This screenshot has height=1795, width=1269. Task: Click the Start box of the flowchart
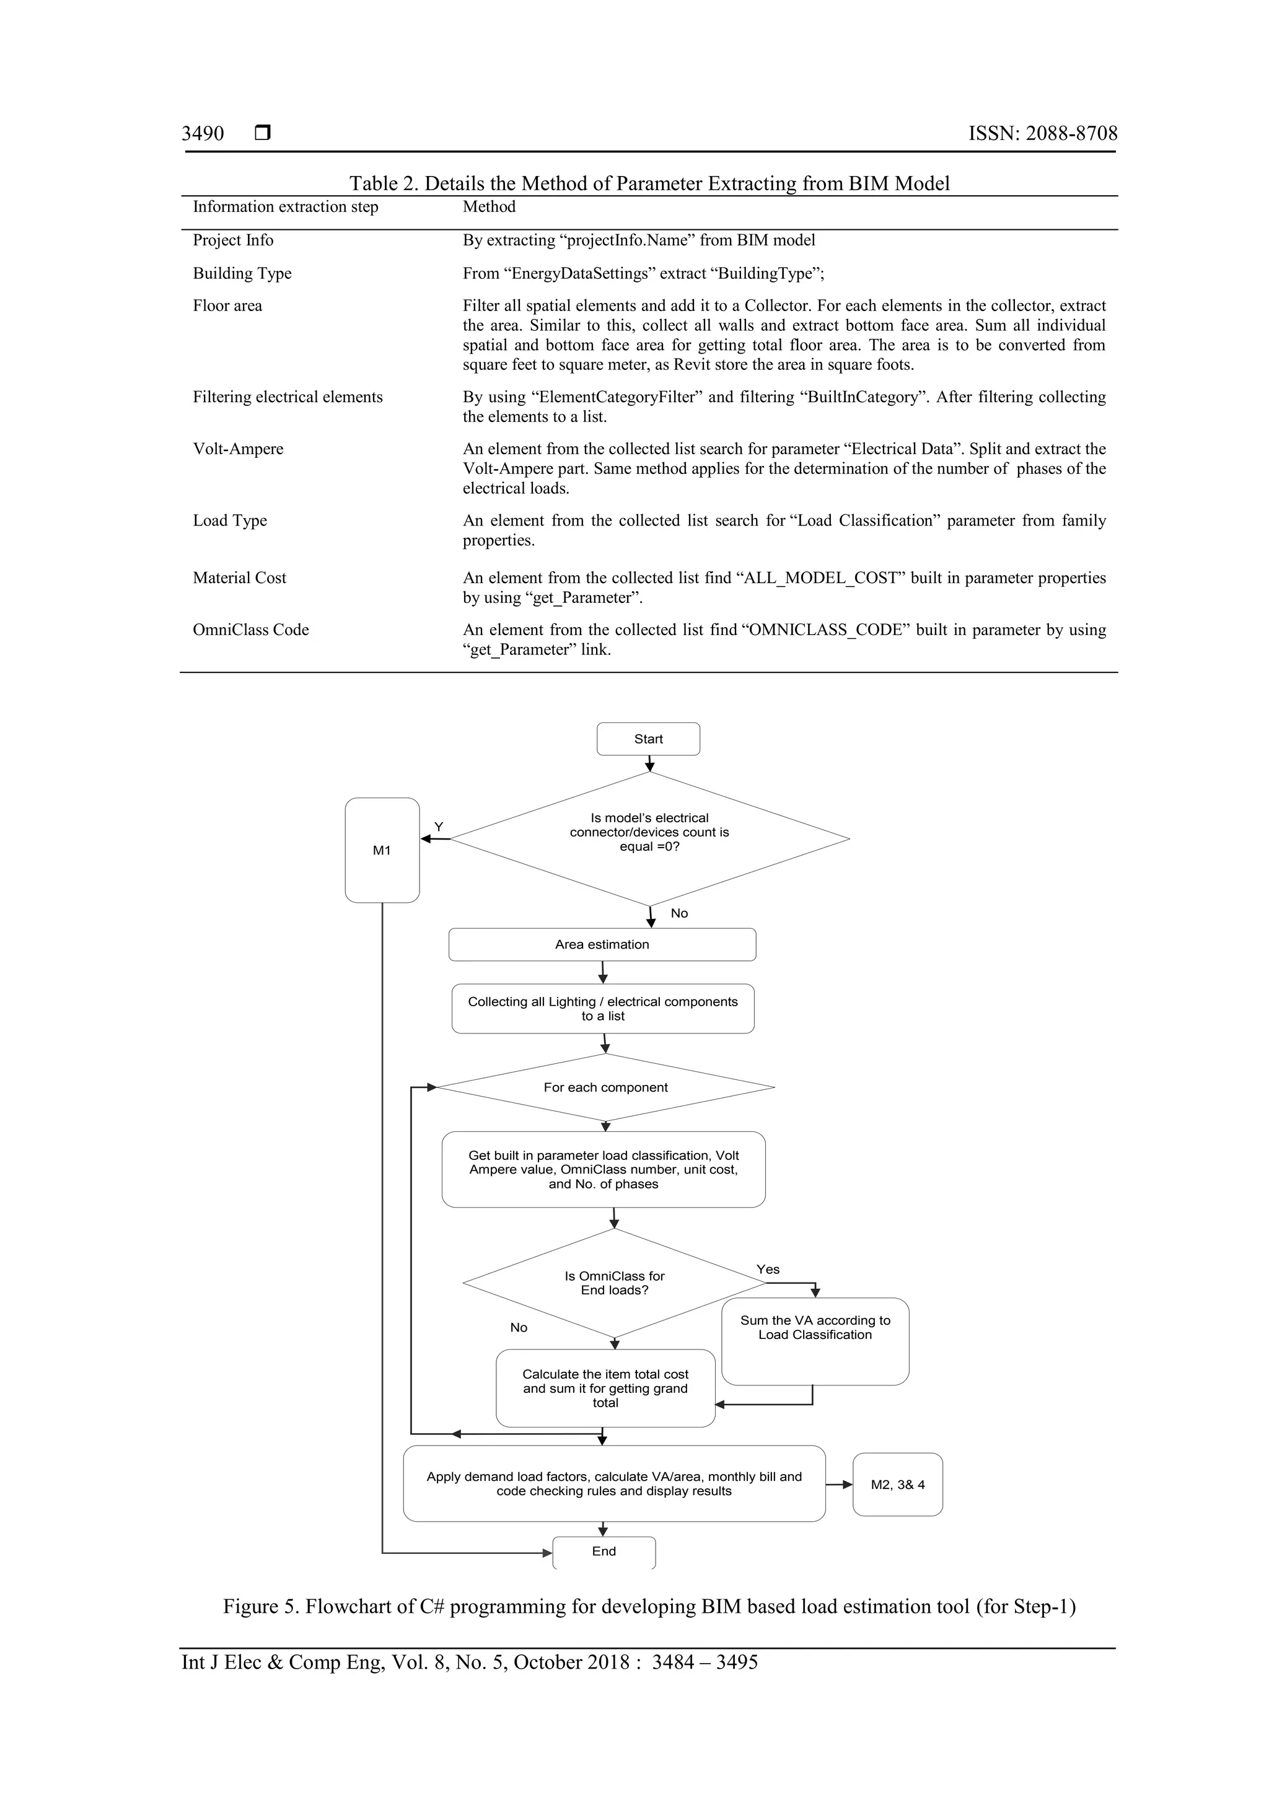click(648, 739)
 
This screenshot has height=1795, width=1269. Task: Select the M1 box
click(382, 850)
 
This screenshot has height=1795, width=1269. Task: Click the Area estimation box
click(602, 944)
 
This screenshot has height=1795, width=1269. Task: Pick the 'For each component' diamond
click(605, 1087)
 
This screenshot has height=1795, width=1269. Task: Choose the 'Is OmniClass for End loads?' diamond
click(615, 1283)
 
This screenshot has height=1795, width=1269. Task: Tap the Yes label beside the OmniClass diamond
click(768, 1270)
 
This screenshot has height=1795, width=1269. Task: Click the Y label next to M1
click(439, 827)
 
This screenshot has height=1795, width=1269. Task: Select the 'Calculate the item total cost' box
click(605, 1389)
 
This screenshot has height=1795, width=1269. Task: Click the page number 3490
click(203, 134)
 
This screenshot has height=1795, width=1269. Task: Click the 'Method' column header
click(489, 206)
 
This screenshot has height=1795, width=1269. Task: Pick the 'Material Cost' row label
click(239, 577)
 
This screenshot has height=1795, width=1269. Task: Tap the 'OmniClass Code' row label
click(251, 630)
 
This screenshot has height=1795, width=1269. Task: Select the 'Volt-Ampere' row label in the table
click(238, 449)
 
